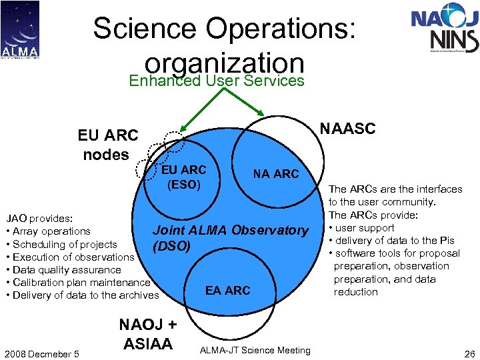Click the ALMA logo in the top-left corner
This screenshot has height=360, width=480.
(20, 29)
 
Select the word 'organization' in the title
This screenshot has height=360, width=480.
(225, 63)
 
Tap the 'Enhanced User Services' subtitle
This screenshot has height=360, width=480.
(217, 81)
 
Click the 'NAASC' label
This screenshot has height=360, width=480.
(348, 128)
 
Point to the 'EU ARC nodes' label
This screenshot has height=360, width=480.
(107, 145)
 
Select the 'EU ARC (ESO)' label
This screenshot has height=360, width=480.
(184, 177)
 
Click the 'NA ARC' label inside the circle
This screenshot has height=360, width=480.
(276, 174)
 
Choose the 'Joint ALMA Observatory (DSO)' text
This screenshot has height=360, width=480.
(230, 238)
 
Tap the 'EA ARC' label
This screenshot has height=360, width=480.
(228, 291)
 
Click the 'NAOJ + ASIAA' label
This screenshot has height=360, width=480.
(148, 334)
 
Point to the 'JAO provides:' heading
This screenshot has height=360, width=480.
(39, 218)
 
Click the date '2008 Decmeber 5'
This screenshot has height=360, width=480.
(41, 353)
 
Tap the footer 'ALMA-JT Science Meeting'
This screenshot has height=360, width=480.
(255, 351)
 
